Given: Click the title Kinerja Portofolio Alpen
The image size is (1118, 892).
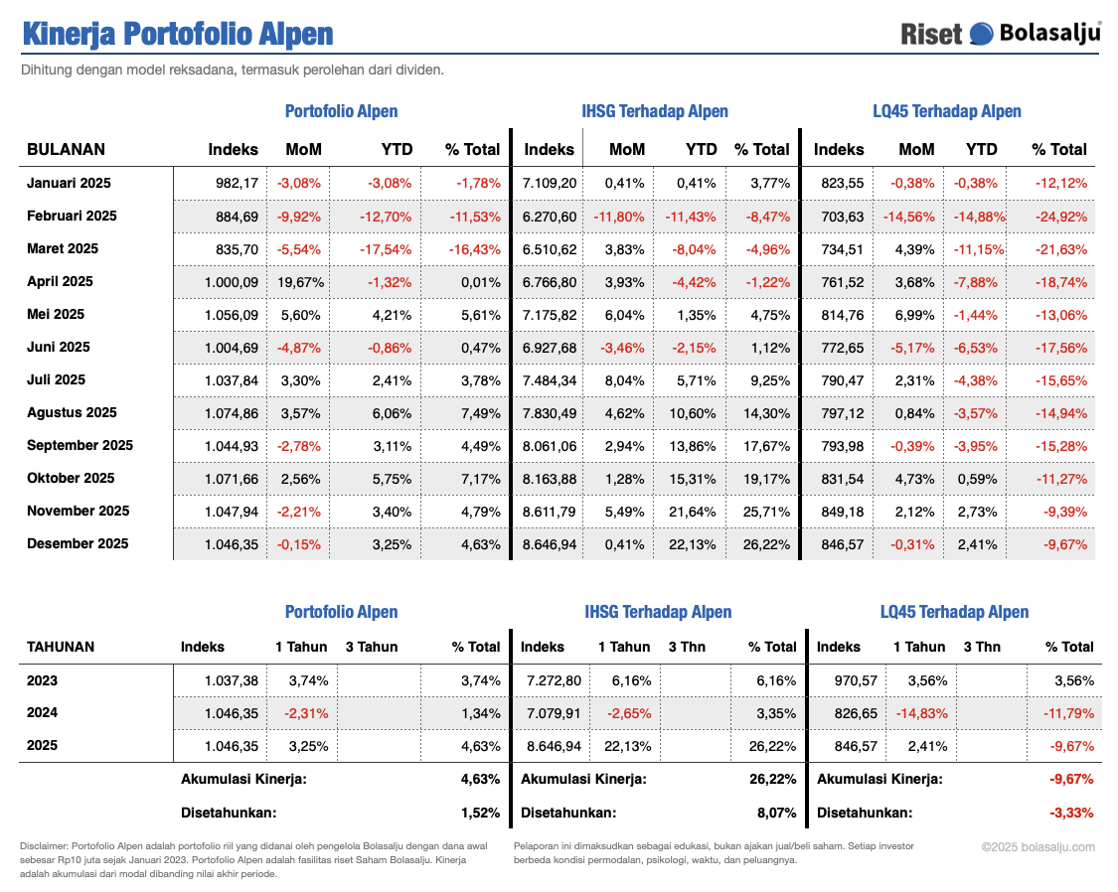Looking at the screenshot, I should [178, 33].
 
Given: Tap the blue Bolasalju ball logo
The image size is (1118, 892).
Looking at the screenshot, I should [981, 34].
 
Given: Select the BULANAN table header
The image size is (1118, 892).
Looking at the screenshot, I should [66, 150].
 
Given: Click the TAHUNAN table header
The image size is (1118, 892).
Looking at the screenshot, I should [61, 647].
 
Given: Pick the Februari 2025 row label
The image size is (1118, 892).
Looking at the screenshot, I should [72, 216].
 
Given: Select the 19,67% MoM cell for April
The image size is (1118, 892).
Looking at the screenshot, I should [301, 281].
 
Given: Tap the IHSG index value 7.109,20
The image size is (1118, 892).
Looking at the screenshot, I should [550, 183].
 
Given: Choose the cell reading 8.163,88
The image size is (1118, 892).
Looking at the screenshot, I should [550, 479].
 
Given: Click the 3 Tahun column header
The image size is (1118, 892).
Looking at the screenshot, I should [372, 647].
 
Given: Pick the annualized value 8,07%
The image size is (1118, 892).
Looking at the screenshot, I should [776, 813].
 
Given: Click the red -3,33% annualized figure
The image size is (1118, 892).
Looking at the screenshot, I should [1071, 813].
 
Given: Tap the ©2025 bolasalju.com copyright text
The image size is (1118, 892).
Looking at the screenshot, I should [1038, 847].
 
